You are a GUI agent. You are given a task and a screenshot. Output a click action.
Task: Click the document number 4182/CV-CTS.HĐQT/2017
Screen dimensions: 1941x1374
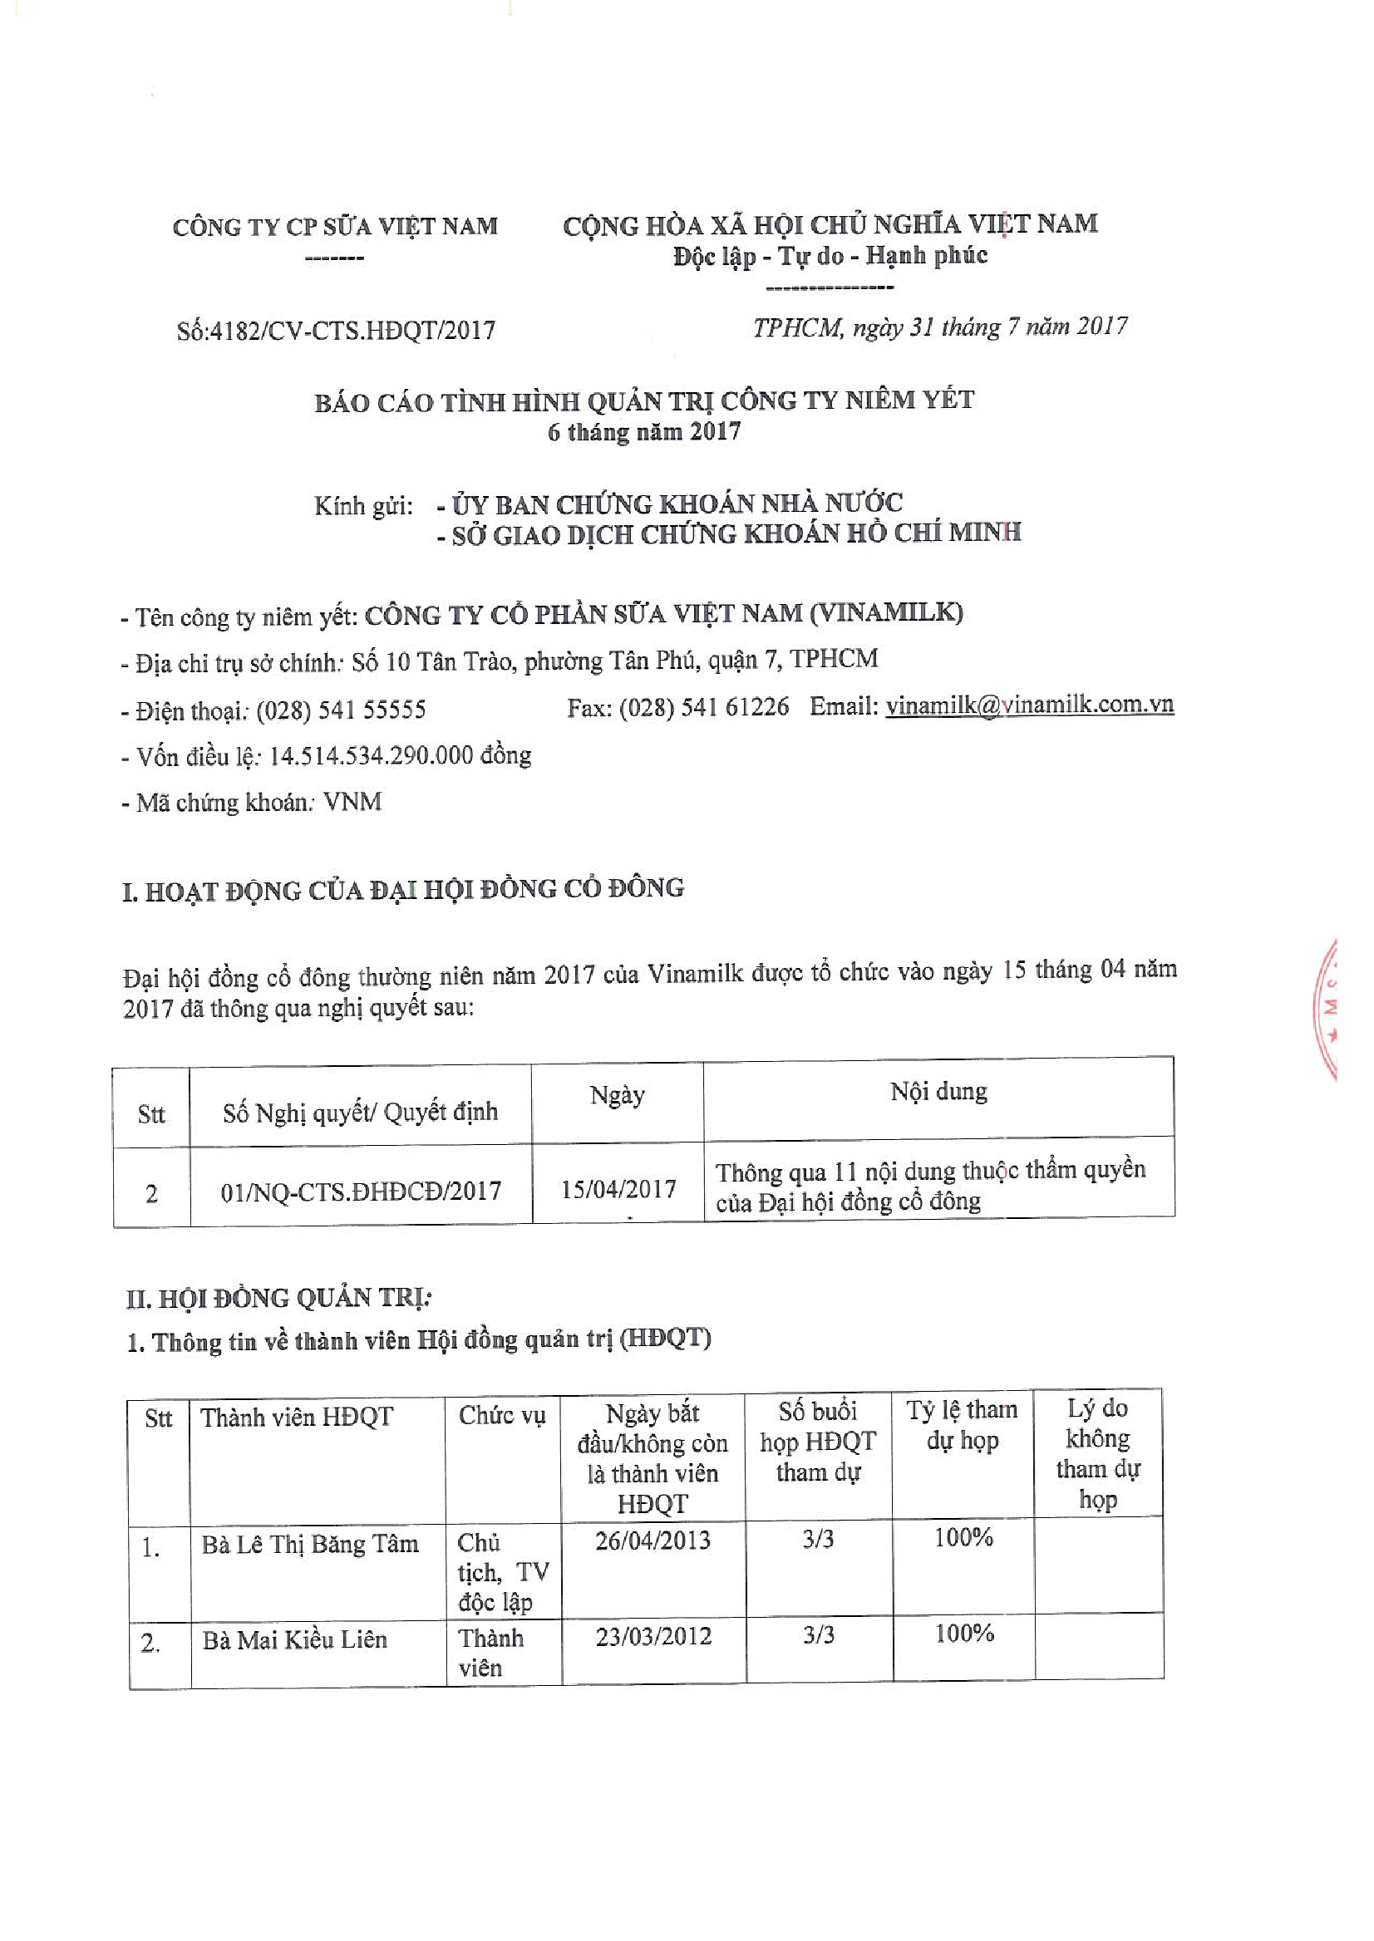[x=352, y=330]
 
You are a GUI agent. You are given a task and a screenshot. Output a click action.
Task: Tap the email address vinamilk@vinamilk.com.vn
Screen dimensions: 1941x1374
[x=1029, y=705]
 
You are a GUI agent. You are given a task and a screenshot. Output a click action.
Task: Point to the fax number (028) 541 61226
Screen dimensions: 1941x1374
[x=704, y=707]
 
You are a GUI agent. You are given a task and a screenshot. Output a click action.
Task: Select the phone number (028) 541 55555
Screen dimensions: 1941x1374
[x=341, y=710]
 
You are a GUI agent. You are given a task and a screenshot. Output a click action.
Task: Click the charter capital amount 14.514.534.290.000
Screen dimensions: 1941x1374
[x=371, y=755]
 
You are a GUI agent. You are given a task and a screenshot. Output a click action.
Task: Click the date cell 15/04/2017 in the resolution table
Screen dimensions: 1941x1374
[x=618, y=1189]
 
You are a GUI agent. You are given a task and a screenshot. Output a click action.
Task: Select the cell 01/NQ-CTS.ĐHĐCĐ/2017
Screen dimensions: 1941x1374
[x=361, y=1191]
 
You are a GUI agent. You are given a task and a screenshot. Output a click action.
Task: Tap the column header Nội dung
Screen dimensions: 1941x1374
[x=938, y=1092]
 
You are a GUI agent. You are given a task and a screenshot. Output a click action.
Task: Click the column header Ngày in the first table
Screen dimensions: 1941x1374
[x=618, y=1095]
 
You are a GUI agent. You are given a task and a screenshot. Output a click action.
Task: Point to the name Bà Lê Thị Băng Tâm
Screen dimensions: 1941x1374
[x=310, y=1545]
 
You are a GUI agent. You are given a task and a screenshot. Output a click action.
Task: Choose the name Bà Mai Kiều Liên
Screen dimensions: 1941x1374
[x=294, y=1640]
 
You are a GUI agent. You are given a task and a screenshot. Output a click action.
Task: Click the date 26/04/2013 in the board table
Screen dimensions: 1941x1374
[x=653, y=1541]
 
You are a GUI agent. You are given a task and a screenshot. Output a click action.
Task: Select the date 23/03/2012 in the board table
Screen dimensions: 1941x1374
[x=653, y=1636]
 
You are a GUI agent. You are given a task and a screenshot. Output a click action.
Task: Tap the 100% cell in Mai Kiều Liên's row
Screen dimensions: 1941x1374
[x=963, y=1633]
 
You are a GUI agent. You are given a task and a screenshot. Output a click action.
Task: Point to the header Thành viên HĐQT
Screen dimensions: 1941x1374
[x=297, y=1417]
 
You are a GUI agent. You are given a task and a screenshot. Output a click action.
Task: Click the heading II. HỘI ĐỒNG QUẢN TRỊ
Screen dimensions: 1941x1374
[x=279, y=1298]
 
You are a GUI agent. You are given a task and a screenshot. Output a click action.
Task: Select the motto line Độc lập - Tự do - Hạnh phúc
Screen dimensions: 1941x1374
[x=830, y=255]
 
